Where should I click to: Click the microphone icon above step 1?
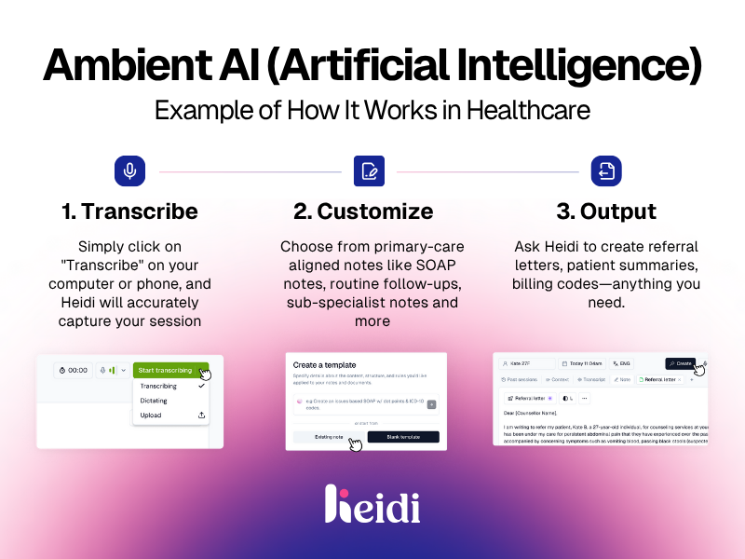coord(129,171)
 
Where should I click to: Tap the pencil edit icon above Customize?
coord(369,171)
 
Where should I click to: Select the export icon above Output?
coord(606,171)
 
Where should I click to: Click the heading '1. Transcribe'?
coord(129,211)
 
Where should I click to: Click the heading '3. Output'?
coord(606,211)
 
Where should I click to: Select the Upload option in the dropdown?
coord(151,416)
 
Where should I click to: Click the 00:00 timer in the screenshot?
coord(74,370)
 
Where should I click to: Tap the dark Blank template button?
coord(402,437)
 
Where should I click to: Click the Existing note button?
coord(329,437)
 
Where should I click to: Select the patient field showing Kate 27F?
coord(526,363)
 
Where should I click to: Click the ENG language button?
coord(621,363)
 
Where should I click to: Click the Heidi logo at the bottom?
coord(372,505)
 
